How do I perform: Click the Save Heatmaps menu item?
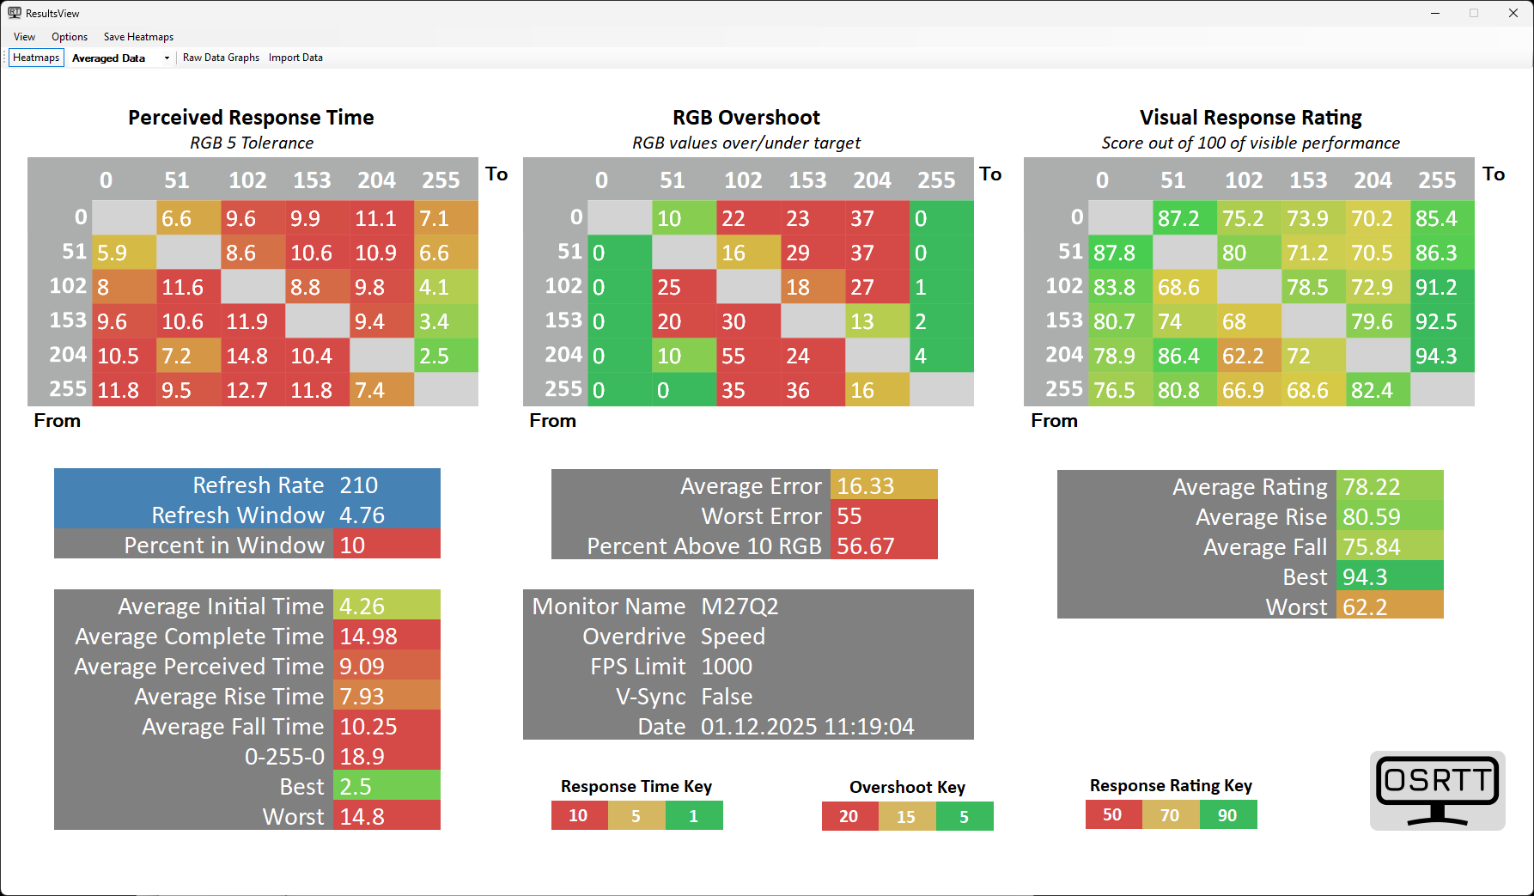pos(138,37)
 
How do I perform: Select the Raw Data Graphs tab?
pos(221,58)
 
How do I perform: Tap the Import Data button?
pos(295,58)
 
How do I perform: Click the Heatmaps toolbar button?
pos(36,58)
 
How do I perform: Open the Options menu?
pos(70,37)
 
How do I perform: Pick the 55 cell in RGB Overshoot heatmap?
pos(747,356)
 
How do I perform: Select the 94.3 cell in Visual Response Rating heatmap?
pos(1441,356)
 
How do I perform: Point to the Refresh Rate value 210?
pos(359,485)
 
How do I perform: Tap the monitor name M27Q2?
pos(740,606)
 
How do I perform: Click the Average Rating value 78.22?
pos(1372,487)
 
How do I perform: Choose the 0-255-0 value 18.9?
pos(362,757)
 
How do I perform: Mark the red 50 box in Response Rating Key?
pos(1112,814)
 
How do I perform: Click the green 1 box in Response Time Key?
pos(694,815)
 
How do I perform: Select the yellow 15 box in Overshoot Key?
pos(906,816)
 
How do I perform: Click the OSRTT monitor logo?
pos(1437,790)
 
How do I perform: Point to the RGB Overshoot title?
pos(746,118)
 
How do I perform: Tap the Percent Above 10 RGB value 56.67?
pos(866,546)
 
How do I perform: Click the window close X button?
pos(1513,13)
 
